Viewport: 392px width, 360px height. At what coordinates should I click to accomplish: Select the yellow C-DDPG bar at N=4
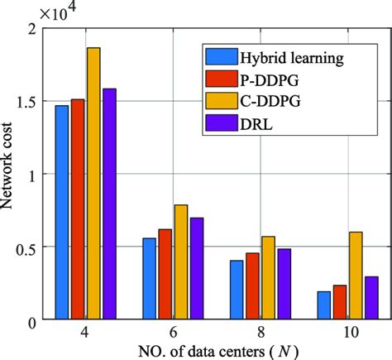pos(93,183)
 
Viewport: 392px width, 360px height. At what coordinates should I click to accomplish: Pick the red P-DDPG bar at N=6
pos(165,274)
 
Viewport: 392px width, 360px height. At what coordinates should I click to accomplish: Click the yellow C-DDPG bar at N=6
pos(181,262)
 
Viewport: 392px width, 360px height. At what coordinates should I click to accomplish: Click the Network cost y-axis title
pos(10,174)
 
